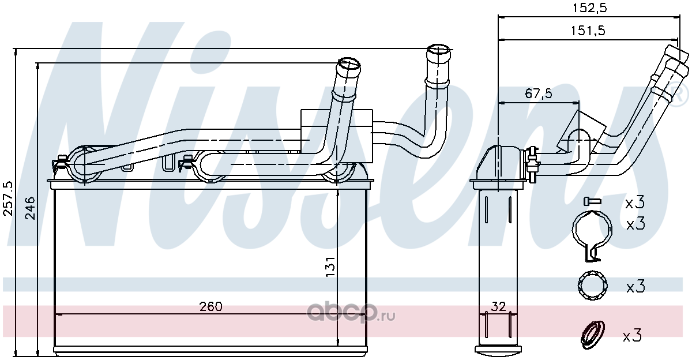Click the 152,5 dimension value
(590, 8)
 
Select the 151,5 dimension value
(588, 31)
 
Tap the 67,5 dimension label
(539, 93)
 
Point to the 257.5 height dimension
(7, 198)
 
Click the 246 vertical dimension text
(30, 208)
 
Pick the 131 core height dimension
(330, 267)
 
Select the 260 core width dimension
(210, 306)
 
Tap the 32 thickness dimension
(498, 306)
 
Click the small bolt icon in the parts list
(592, 201)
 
